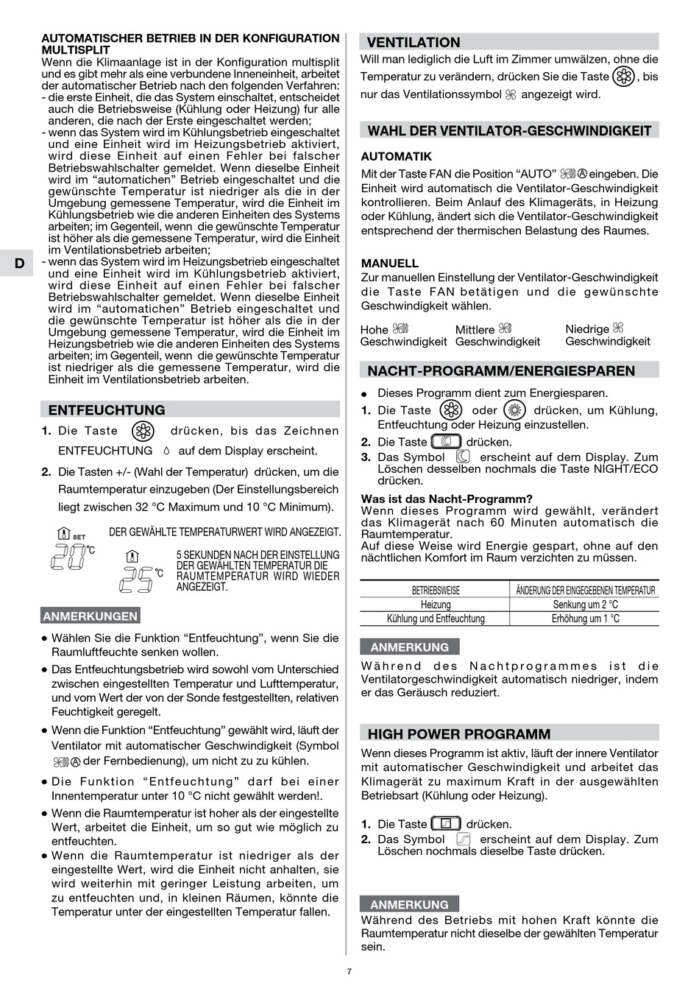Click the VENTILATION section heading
click(414, 43)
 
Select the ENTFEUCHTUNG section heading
click(107, 410)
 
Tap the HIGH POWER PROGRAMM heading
click(458, 733)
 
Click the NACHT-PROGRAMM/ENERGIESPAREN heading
click(501, 370)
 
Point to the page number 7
click(349, 971)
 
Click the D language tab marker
click(19, 264)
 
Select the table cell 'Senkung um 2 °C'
click(585, 605)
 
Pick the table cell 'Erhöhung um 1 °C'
click(585, 619)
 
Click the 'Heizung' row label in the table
click(436, 605)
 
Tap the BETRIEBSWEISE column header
click(436, 591)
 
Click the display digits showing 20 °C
click(68, 557)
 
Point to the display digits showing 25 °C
click(138, 580)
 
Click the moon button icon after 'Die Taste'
click(446, 442)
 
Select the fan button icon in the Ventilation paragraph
click(624, 77)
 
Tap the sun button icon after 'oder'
click(514, 410)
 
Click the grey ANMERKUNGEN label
click(90, 616)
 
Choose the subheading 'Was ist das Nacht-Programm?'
click(446, 499)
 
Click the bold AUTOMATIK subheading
click(396, 157)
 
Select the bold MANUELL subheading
click(389, 263)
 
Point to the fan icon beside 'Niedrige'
click(617, 328)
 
